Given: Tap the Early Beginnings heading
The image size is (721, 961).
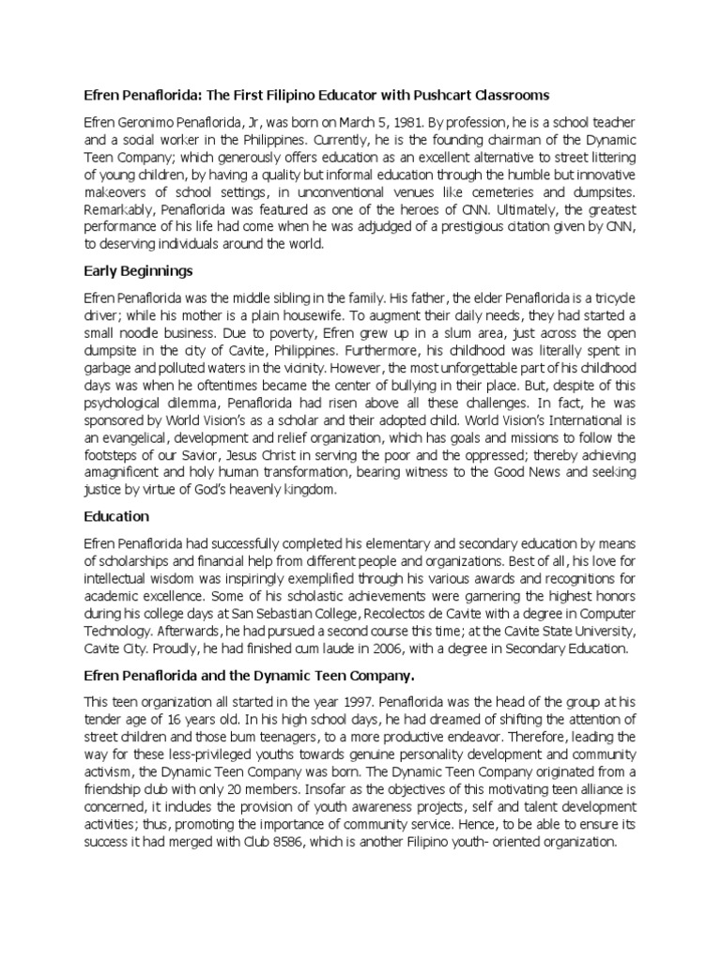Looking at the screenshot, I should coord(138,271).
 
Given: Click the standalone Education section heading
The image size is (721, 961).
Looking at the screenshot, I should coord(116,516).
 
